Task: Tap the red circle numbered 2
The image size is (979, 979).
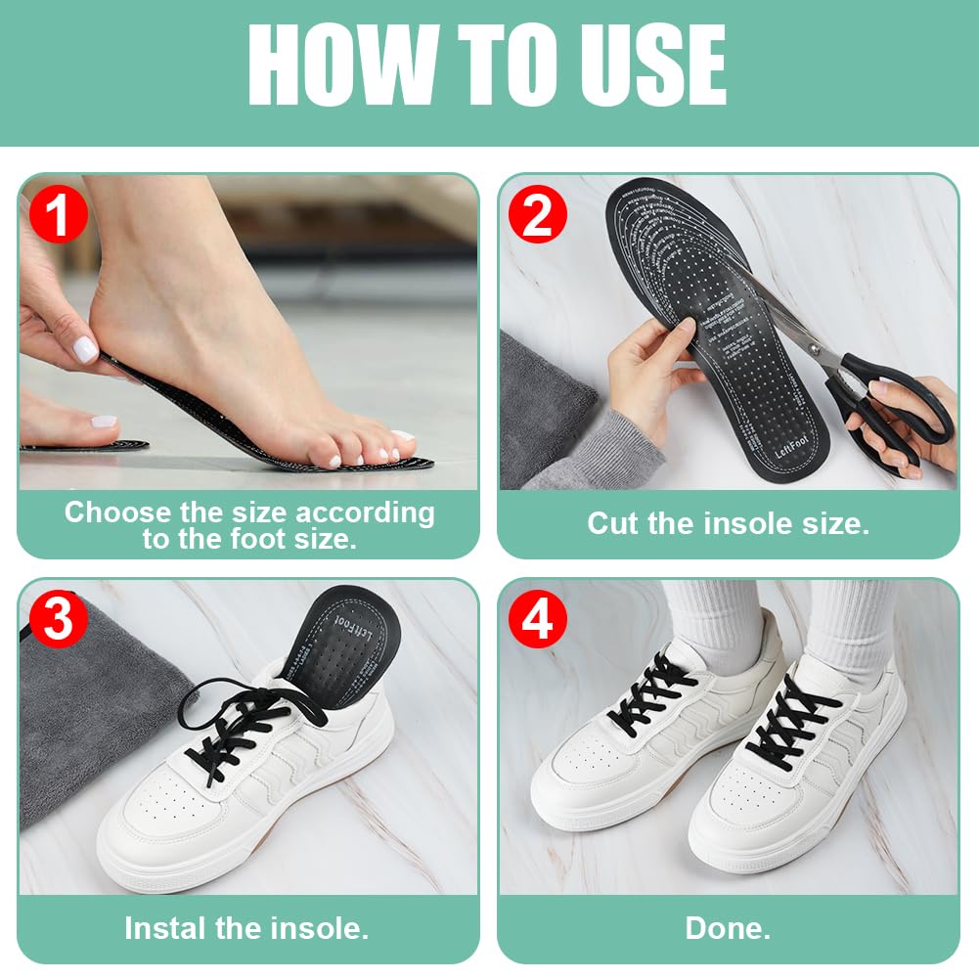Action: (x=537, y=217)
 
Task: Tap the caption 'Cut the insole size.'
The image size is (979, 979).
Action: (x=728, y=523)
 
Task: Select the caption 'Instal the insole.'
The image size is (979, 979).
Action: (x=246, y=928)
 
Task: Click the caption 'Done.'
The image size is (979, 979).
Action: (x=728, y=928)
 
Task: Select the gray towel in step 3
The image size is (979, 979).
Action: (x=88, y=714)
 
